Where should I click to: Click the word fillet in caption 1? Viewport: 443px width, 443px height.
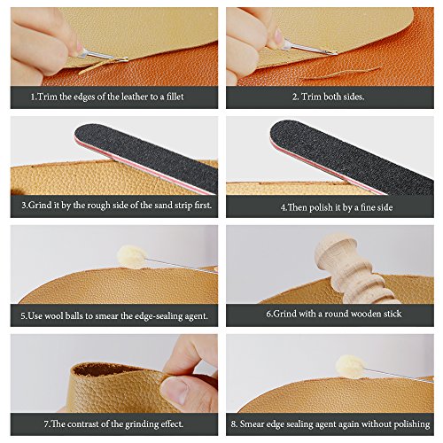click(x=175, y=97)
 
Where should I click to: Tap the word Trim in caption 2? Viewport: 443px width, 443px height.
click(x=311, y=97)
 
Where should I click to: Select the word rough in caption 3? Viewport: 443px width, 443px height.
click(x=98, y=206)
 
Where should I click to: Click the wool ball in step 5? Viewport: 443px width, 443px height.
click(x=132, y=257)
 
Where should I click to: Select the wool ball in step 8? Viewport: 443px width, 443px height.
click(x=351, y=366)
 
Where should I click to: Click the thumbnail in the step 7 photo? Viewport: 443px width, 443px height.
click(x=174, y=391)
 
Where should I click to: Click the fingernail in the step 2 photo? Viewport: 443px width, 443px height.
click(x=278, y=35)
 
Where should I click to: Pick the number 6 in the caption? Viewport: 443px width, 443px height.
click(x=268, y=314)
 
